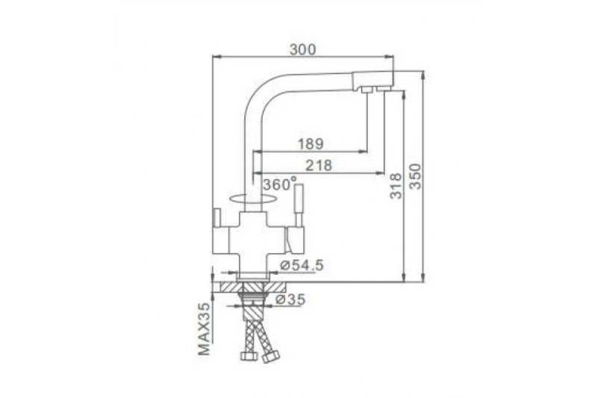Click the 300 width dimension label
point(303,49)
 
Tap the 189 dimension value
point(310,144)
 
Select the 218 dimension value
point(319,165)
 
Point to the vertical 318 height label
point(396,186)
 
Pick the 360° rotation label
point(279,184)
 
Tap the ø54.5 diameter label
point(301,265)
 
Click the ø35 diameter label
point(290,299)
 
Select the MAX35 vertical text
point(204,329)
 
